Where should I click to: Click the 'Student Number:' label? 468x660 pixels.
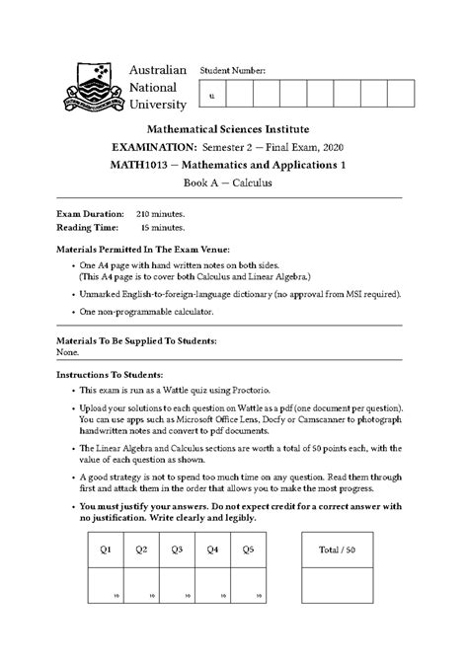[233, 72]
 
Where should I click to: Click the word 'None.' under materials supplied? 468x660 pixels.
[68, 352]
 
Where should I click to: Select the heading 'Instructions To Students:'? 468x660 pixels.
[112, 375]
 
